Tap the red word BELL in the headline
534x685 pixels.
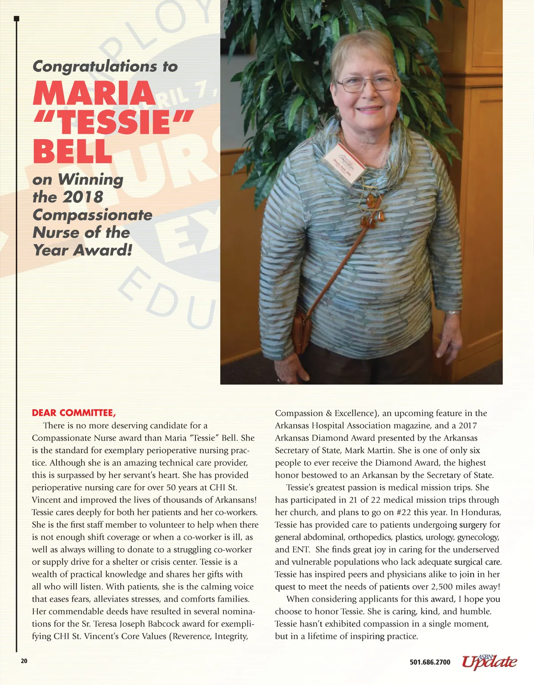[x=72, y=151]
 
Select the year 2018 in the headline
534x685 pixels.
[x=83, y=197]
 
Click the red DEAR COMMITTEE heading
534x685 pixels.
[x=74, y=413]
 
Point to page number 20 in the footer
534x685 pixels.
[x=24, y=661]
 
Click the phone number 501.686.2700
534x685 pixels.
[x=430, y=662]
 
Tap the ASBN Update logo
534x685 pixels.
[x=489, y=661]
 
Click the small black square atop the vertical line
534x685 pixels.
[x=16, y=19]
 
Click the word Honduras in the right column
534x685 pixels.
[x=481, y=512]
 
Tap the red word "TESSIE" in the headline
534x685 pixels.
[x=114, y=122]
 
